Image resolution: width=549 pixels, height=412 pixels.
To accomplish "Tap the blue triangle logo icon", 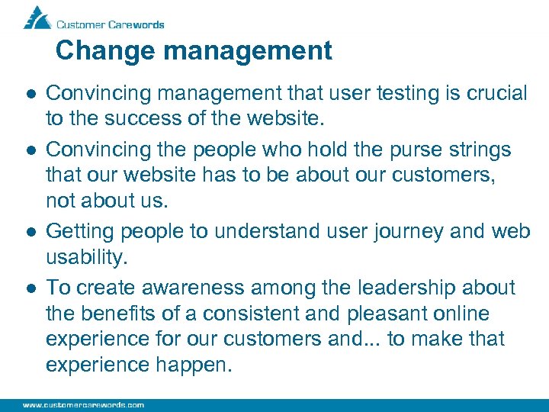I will pos(36,18).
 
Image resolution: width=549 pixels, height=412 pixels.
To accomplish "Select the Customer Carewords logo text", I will pos(111,24).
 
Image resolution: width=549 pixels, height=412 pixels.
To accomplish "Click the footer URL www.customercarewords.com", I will pos(83,405).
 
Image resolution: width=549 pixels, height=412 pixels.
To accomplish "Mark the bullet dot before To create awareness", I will pos(27,288).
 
